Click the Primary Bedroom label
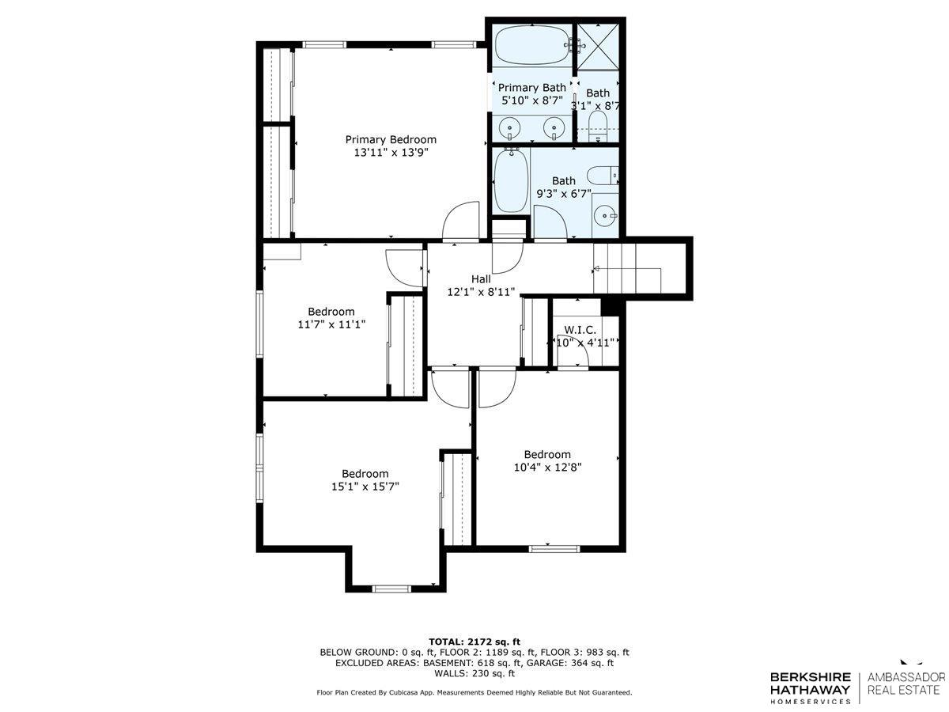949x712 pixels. (x=390, y=139)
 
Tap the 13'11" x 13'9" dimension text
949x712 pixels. (x=390, y=153)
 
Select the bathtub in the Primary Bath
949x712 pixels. (x=531, y=44)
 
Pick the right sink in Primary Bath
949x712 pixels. (x=555, y=127)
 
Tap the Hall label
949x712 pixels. (x=481, y=278)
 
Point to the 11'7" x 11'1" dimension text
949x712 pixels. (x=331, y=324)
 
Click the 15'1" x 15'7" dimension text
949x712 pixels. (x=365, y=487)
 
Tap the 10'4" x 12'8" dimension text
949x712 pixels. (x=547, y=467)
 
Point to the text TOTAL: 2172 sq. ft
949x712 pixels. (x=474, y=641)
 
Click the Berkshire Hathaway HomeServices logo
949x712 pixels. (x=811, y=687)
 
